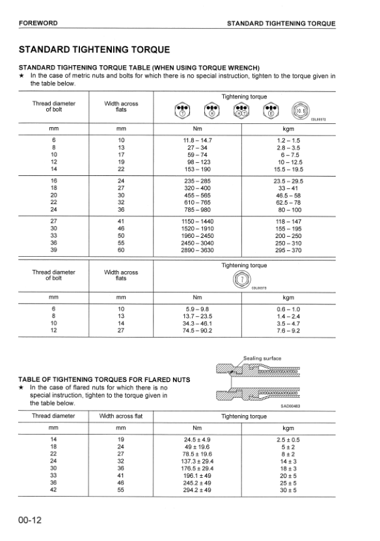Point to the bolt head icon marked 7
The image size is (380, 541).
[x=241, y=279]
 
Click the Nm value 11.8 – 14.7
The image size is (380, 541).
[x=197, y=141]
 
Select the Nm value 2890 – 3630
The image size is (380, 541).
[x=197, y=250]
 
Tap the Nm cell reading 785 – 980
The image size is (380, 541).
[x=197, y=211]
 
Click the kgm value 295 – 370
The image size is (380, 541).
[x=288, y=250]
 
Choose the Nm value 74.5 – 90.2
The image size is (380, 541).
[x=197, y=330]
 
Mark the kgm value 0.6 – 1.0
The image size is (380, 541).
[x=288, y=309]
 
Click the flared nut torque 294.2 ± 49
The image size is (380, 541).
[x=197, y=490]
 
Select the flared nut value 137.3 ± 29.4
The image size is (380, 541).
[x=197, y=461]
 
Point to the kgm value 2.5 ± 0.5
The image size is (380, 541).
[x=288, y=440]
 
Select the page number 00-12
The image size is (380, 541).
[x=31, y=520]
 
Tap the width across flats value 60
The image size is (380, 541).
[x=120, y=250]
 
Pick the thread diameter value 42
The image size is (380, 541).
[x=53, y=490]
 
